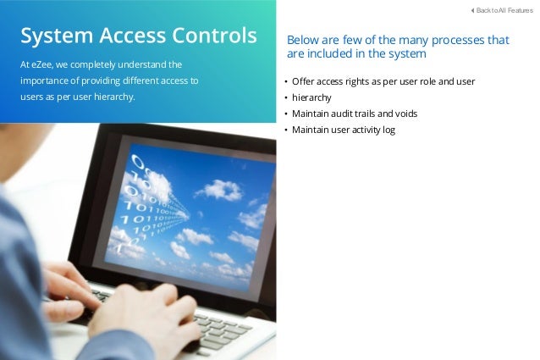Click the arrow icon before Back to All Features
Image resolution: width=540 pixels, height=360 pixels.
coord(471,9)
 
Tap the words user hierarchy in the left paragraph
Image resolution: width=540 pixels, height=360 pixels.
coord(108,97)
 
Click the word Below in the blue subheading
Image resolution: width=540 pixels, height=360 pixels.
coord(304,40)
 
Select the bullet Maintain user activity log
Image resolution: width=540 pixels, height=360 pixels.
coord(344,130)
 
